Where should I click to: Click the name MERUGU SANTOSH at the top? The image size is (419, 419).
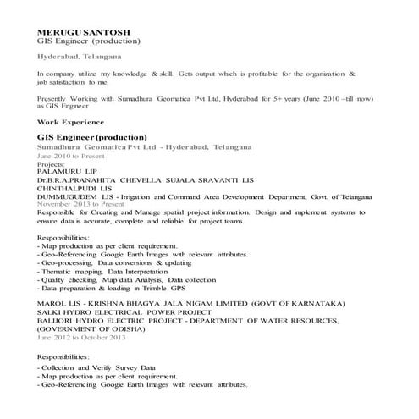(75, 31)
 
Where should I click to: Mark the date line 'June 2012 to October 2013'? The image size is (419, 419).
(81, 337)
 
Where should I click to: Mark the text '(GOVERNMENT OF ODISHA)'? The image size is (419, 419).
(88, 328)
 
